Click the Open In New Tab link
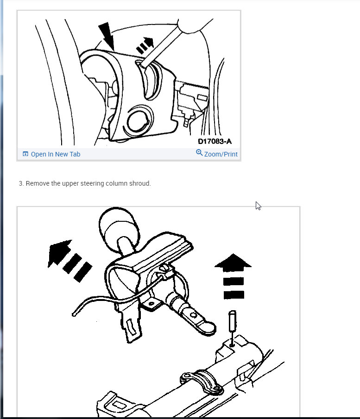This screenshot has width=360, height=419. click(55, 154)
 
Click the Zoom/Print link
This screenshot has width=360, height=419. click(221, 154)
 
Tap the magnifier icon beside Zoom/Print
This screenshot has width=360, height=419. click(199, 153)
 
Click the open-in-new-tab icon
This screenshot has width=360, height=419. click(25, 154)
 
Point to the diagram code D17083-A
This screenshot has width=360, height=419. click(215, 141)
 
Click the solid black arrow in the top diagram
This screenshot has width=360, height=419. click(107, 36)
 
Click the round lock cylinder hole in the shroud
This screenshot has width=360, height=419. click(139, 121)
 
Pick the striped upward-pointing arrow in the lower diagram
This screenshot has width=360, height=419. click(233, 276)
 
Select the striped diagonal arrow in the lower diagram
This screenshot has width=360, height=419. click(69, 260)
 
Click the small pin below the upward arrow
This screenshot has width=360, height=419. click(233, 328)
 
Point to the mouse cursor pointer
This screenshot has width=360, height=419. click(258, 206)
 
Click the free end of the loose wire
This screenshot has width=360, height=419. click(74, 314)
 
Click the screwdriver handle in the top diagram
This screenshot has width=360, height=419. click(196, 25)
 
